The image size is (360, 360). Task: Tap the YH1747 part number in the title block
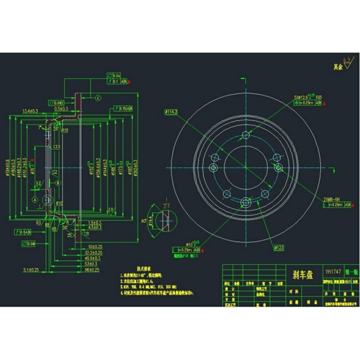[x=332, y=271]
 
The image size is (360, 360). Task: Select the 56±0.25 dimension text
[x=93, y=269]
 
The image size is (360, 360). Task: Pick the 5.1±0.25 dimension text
[x=32, y=269]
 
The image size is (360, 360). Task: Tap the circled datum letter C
[x=96, y=98]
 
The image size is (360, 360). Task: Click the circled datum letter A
[x=34, y=199]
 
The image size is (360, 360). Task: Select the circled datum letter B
[x=58, y=183]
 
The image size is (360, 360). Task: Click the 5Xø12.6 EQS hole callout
[x=307, y=96]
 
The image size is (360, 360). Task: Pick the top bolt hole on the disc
[x=246, y=136]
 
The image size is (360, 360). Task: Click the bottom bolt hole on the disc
[x=246, y=202]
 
